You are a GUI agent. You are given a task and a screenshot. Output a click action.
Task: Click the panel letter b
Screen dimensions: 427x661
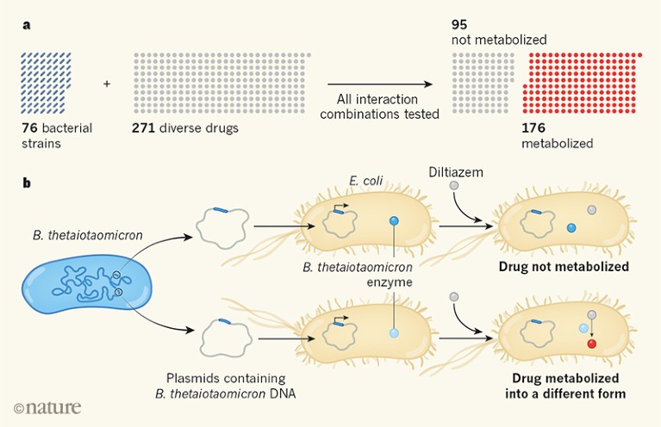pyautogui.click(x=26, y=183)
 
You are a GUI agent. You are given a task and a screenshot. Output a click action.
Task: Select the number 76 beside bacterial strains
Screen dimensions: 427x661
pyautogui.click(x=31, y=128)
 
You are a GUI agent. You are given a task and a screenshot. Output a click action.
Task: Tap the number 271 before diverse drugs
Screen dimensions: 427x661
pyautogui.click(x=146, y=128)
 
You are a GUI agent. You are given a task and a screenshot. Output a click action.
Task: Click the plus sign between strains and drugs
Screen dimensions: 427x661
pyautogui.click(x=108, y=84)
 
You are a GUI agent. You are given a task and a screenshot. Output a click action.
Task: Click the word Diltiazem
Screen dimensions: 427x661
pyautogui.click(x=457, y=172)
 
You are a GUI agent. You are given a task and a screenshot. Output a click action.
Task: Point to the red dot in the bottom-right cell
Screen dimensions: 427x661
pyautogui.click(x=591, y=344)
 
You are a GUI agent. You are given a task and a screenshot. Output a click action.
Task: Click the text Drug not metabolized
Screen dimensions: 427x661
pyautogui.click(x=564, y=267)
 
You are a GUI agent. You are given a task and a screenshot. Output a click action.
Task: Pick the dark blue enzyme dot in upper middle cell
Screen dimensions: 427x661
pyautogui.click(x=394, y=221)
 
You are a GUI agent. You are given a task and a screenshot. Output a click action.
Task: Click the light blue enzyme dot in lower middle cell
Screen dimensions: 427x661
pyautogui.click(x=394, y=332)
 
